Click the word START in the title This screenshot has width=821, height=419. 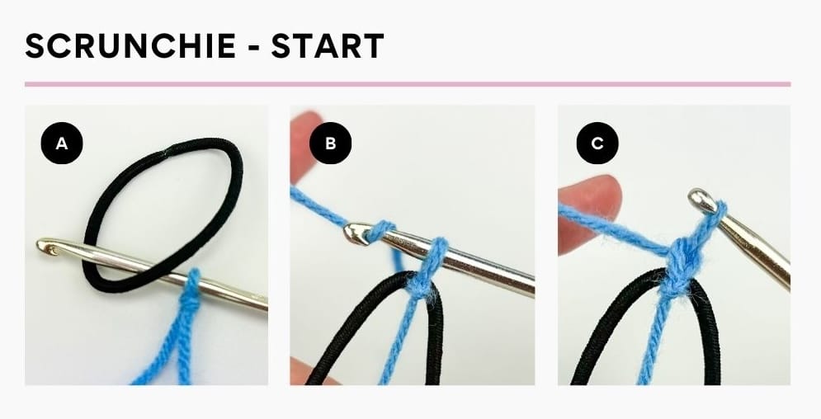tap(328, 47)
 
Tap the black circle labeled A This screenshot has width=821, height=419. tap(62, 144)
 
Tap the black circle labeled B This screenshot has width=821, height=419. tap(330, 144)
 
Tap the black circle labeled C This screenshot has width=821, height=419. tap(597, 144)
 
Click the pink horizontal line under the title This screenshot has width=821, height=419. tap(408, 84)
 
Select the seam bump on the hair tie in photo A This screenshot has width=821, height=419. tap(171, 148)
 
